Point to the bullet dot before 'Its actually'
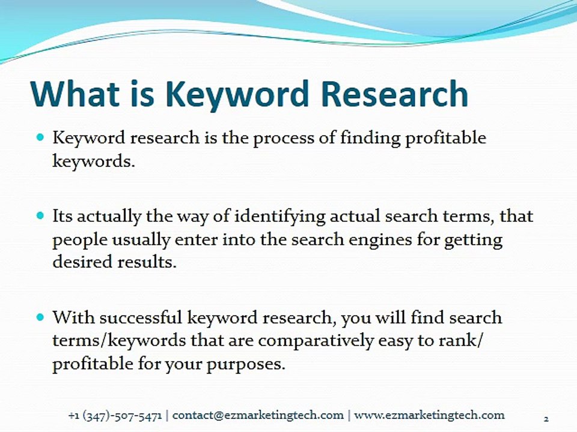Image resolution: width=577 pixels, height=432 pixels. click(40, 215)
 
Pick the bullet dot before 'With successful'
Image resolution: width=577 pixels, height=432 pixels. click(40, 317)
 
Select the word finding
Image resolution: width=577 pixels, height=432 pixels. click(370, 139)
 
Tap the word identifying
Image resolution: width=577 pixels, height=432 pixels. click(279, 217)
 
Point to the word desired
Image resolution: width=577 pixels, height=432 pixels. click(82, 262)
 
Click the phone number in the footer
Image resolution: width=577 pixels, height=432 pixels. click(115, 416)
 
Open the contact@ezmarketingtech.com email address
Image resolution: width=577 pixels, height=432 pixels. click(258, 415)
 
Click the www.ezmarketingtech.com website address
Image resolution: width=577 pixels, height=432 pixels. click(429, 415)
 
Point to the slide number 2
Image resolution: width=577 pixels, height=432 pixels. click(546, 419)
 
